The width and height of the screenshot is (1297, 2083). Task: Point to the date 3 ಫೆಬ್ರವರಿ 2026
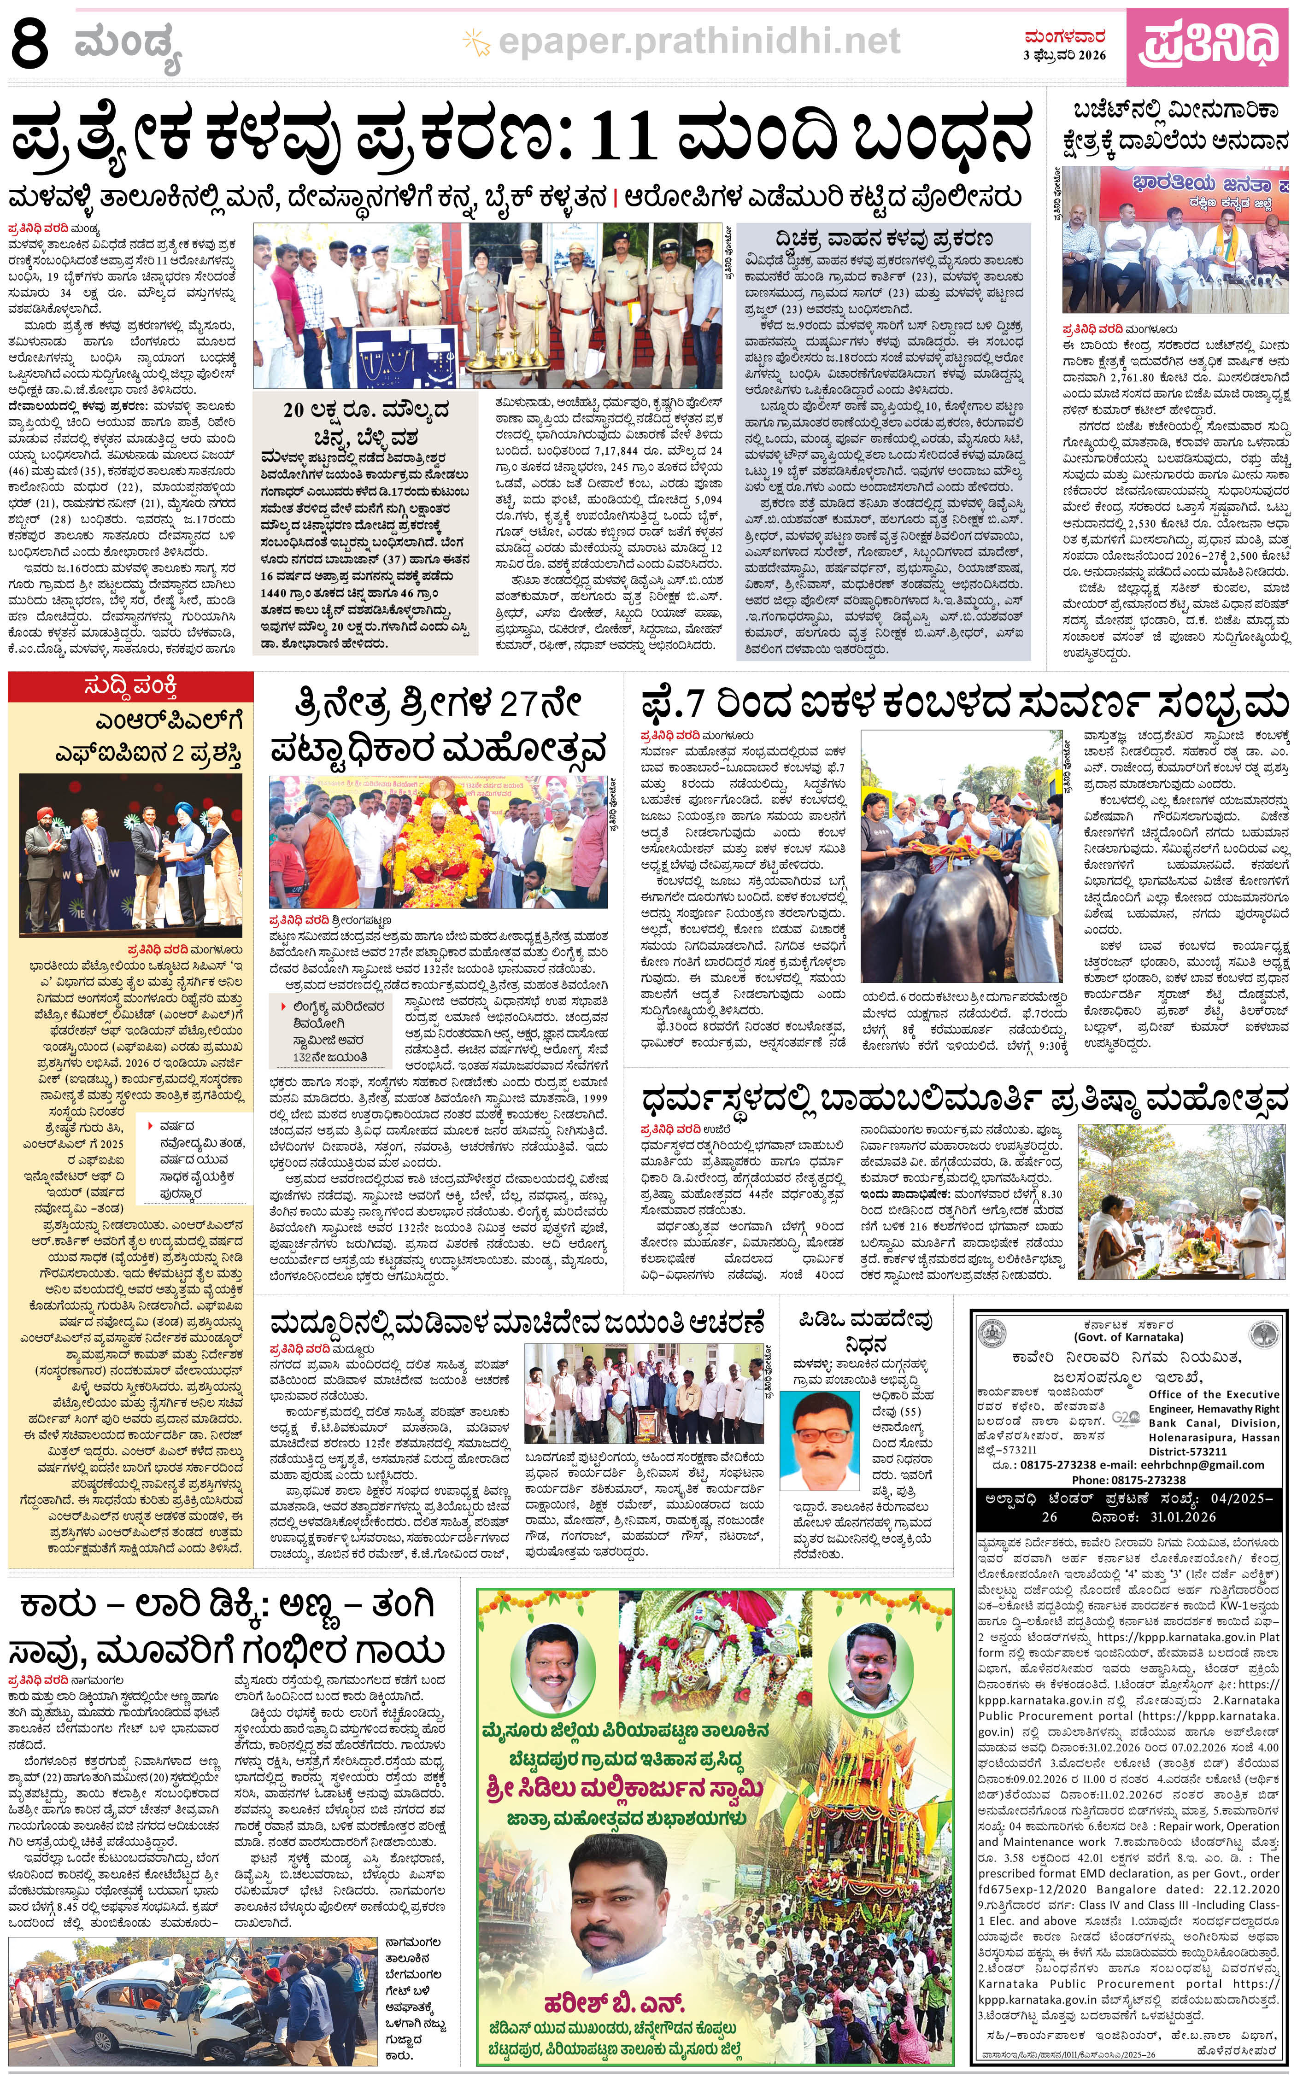[1064, 55]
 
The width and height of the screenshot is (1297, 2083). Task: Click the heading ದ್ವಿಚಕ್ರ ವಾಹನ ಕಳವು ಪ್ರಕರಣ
[884, 239]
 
